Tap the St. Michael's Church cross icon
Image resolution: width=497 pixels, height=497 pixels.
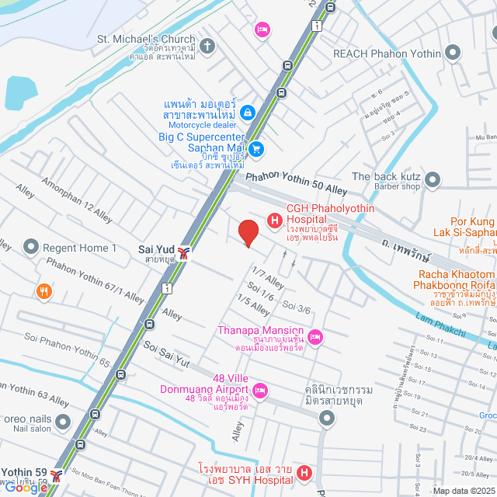(207, 46)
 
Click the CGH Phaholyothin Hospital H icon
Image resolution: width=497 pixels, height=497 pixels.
(274, 221)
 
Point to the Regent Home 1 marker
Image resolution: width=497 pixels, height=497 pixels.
(31, 247)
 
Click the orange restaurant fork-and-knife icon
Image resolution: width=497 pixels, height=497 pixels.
(44, 292)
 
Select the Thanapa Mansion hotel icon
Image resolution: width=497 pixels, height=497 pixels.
(315, 337)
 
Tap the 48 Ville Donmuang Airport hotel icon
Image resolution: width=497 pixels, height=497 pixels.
(260, 388)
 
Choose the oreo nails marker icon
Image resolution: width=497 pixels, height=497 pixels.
(62, 423)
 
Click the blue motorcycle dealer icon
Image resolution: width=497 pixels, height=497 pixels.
(247, 113)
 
